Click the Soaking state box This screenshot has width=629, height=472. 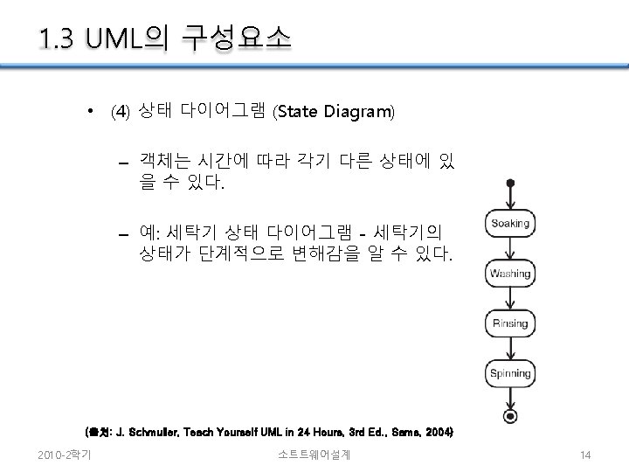[x=509, y=224]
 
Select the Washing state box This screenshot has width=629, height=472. [x=509, y=274]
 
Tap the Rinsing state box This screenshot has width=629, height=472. [x=509, y=323]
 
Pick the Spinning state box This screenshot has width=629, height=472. [x=509, y=373]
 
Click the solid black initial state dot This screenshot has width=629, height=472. [x=510, y=184]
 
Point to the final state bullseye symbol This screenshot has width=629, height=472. [x=510, y=414]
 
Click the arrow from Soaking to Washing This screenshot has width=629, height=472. [x=510, y=248]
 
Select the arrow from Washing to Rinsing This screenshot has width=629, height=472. [x=510, y=298]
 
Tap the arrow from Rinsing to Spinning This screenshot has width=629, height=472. [x=510, y=348]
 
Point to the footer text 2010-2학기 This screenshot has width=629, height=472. [x=69, y=455]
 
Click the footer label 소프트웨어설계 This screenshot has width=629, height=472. [x=314, y=455]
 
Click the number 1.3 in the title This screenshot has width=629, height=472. [x=58, y=38]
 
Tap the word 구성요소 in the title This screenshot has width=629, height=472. [x=235, y=38]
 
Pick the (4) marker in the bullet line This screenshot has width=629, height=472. [x=121, y=113]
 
